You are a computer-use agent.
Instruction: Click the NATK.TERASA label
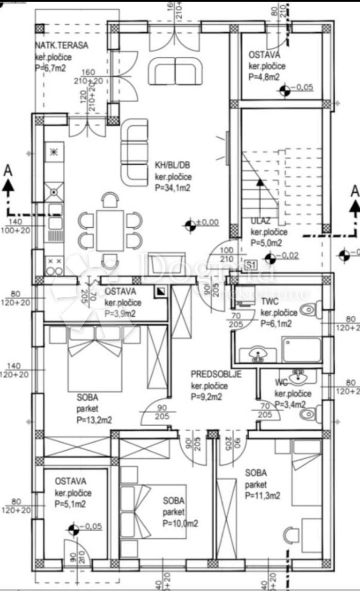click(62, 45)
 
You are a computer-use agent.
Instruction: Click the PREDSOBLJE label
click(216, 374)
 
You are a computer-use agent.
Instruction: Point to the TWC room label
click(269, 302)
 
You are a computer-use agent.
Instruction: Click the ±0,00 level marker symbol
click(191, 225)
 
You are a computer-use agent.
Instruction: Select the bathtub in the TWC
click(301, 349)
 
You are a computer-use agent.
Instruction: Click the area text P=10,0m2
click(180, 523)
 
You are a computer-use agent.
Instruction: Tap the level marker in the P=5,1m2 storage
click(74, 529)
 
